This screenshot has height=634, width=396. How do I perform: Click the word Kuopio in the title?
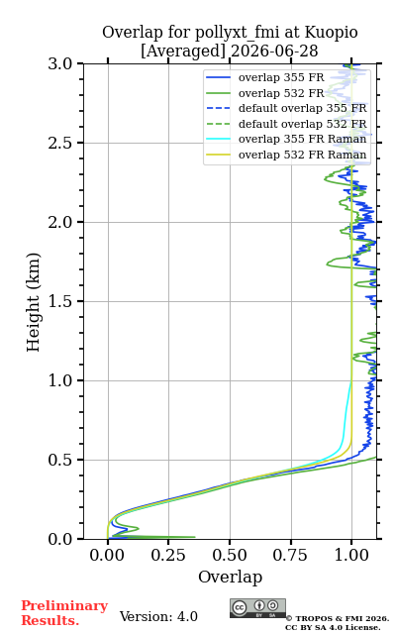click(x=331, y=33)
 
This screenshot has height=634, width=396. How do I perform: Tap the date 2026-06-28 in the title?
click(x=274, y=52)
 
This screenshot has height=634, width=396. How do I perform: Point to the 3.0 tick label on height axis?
click(x=60, y=63)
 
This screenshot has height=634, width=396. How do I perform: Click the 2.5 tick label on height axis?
click(x=60, y=143)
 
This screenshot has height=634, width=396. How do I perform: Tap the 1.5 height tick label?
click(x=60, y=301)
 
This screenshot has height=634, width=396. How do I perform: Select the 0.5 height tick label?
click(x=60, y=460)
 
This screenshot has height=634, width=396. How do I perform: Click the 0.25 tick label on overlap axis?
click(x=168, y=555)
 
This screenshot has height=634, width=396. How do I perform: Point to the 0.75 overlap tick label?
click(x=290, y=555)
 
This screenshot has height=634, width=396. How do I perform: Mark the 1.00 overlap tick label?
click(x=351, y=555)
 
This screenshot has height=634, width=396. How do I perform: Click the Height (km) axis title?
click(x=34, y=302)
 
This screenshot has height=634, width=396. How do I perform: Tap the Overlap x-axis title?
click(x=231, y=577)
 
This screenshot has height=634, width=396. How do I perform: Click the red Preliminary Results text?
click(x=64, y=613)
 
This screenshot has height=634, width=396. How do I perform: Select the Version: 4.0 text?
click(x=158, y=616)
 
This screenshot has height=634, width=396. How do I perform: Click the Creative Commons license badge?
click(x=257, y=608)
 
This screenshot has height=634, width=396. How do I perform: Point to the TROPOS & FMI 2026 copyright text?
click(x=338, y=618)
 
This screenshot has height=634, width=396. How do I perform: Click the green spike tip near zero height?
click(x=195, y=537)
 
